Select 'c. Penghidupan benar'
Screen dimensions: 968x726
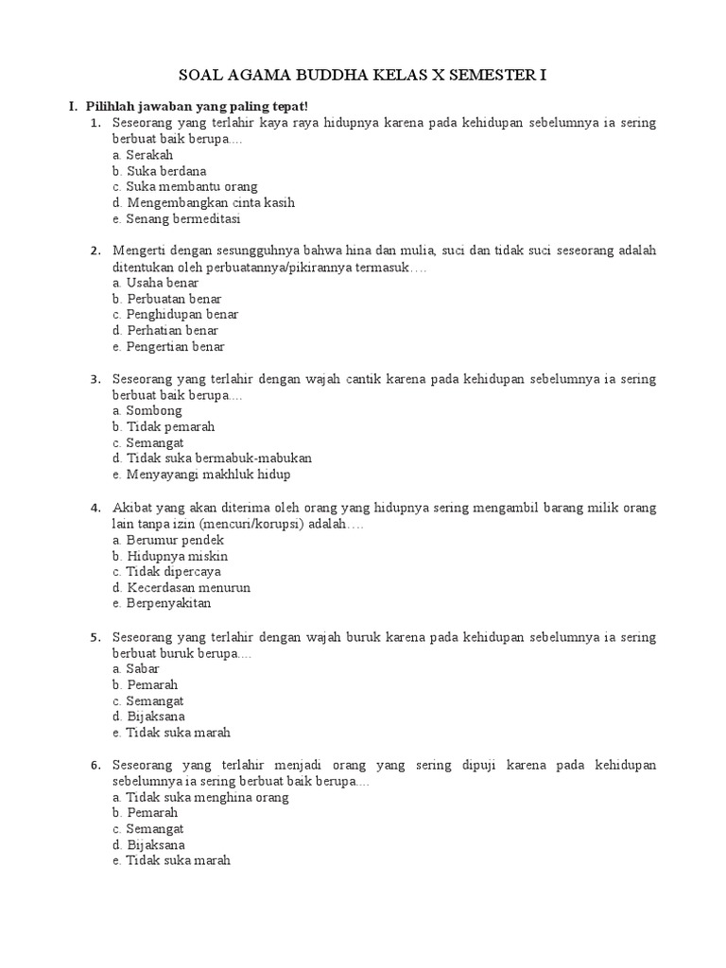coord(175,315)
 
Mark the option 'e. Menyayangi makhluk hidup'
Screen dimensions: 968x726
coord(200,475)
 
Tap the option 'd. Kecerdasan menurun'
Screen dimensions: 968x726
coord(181,587)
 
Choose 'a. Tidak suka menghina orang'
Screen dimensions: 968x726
coord(199,797)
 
